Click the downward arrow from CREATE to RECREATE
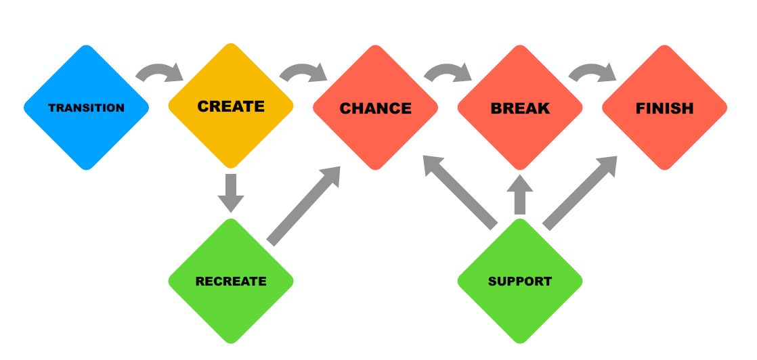coord(231,192)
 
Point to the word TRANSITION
coord(86,108)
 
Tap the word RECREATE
coord(231,282)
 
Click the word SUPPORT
coord(520,282)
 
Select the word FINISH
coord(664,108)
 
